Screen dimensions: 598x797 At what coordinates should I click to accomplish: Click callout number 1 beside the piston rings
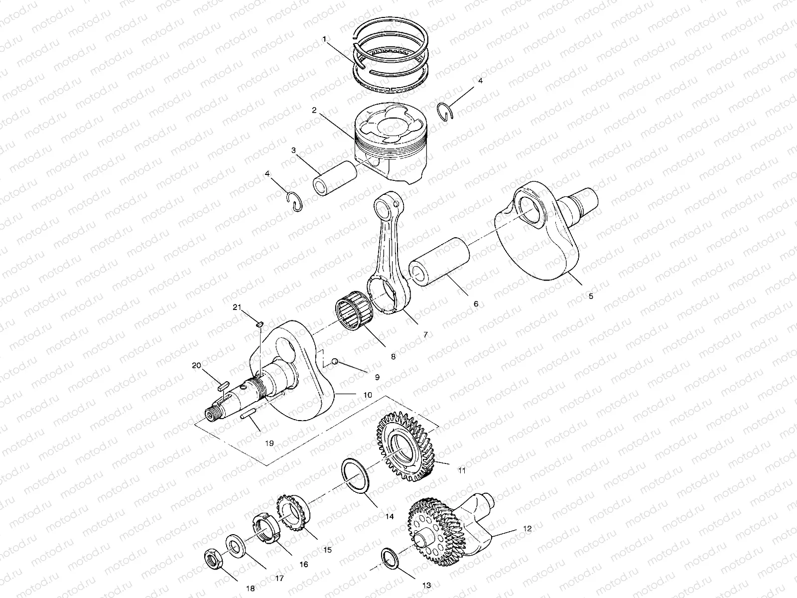tap(324, 38)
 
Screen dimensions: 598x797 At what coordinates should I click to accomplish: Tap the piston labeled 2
tap(389, 145)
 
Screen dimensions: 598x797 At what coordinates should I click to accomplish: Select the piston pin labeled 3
tap(335, 177)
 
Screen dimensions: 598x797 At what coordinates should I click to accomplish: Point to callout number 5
tap(591, 296)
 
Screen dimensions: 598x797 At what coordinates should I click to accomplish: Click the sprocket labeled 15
tap(291, 513)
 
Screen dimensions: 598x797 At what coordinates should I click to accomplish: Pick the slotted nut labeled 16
tap(266, 529)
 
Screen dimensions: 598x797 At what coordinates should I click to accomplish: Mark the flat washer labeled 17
tap(233, 545)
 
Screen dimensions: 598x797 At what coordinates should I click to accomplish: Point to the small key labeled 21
tap(260, 324)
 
